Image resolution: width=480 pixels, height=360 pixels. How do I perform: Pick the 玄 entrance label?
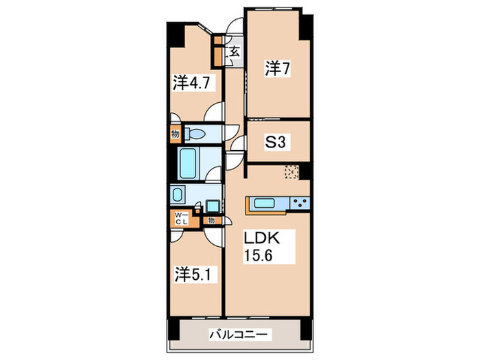tap(235, 51)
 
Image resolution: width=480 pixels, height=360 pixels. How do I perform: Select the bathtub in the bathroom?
tap(190, 163)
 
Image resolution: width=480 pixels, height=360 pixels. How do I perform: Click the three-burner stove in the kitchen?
tap(300, 203)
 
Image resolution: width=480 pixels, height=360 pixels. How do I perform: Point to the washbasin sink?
tap(179, 195)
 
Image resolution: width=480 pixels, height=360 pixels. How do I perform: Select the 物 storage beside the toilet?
tap(176, 134)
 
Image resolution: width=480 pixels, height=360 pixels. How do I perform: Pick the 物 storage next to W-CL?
tap(211, 221)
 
